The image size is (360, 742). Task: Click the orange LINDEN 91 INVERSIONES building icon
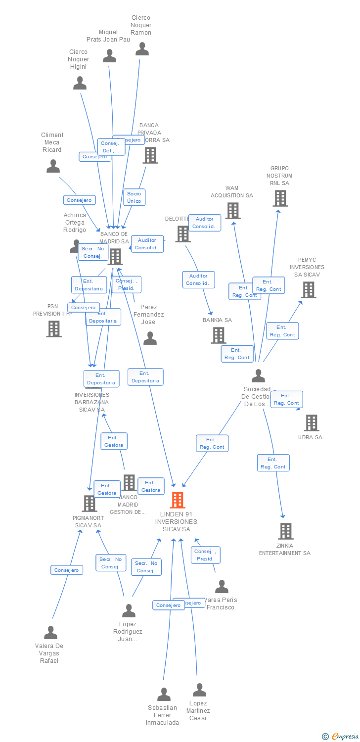[x=178, y=500]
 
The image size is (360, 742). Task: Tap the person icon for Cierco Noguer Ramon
[x=142, y=49]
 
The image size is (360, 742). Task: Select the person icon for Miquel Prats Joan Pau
[x=109, y=56]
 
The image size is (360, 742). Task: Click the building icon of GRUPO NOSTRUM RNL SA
[x=280, y=198]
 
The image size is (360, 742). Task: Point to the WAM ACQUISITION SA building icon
[x=232, y=211]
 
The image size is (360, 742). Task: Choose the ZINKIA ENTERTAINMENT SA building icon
[x=285, y=531]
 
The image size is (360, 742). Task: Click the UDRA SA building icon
[x=311, y=423]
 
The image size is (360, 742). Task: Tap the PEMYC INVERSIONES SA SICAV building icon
[x=308, y=290]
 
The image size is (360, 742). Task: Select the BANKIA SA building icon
[x=218, y=335]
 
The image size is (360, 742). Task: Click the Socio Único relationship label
[x=134, y=197]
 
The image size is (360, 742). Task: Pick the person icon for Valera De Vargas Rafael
[x=50, y=633]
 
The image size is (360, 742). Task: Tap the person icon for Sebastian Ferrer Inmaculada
[x=164, y=695]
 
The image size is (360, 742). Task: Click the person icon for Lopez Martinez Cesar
[x=199, y=690]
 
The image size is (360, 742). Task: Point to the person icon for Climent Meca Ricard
[x=53, y=166]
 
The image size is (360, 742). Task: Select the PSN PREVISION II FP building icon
[x=53, y=329]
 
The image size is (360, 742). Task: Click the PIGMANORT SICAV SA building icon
[x=89, y=504]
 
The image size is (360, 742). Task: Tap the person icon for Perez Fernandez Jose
[x=150, y=338]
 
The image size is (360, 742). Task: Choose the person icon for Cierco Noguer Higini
[x=80, y=83]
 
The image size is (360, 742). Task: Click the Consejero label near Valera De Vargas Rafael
[x=67, y=570]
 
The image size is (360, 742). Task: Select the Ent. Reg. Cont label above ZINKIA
[x=273, y=463]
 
